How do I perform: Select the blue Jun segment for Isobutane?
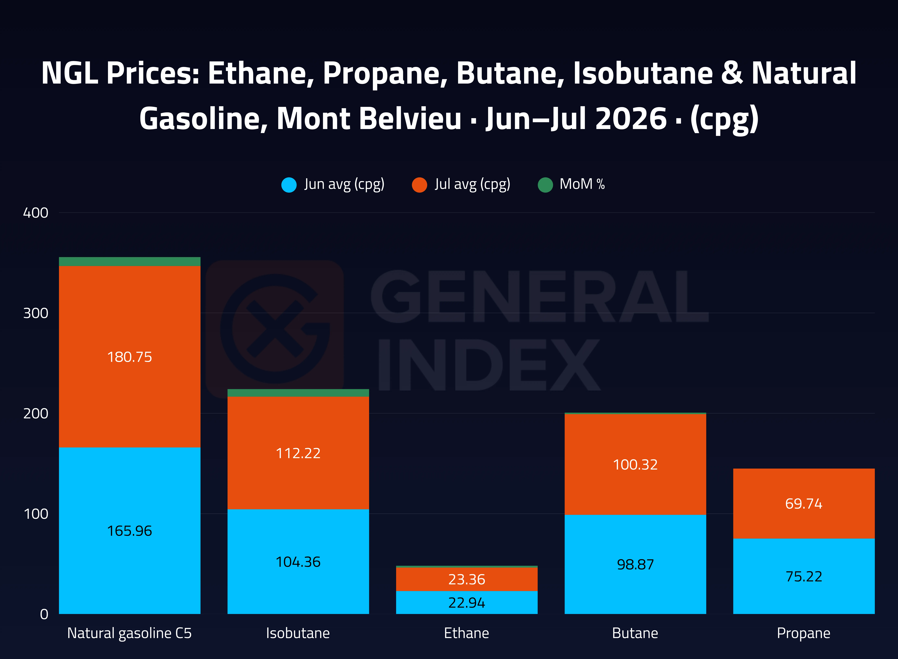298,562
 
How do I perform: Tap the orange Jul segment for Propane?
804,503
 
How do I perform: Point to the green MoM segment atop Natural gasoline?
130,262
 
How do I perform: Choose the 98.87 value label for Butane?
635,564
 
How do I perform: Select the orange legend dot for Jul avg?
420,185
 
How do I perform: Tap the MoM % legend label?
582,184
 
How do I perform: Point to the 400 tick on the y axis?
35,213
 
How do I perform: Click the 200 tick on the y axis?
35,413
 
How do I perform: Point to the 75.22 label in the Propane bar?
804,576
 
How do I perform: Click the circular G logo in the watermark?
275,329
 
